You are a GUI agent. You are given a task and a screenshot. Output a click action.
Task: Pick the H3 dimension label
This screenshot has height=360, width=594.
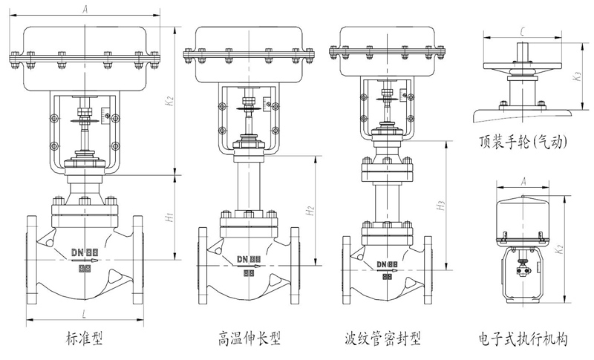click(440, 205)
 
